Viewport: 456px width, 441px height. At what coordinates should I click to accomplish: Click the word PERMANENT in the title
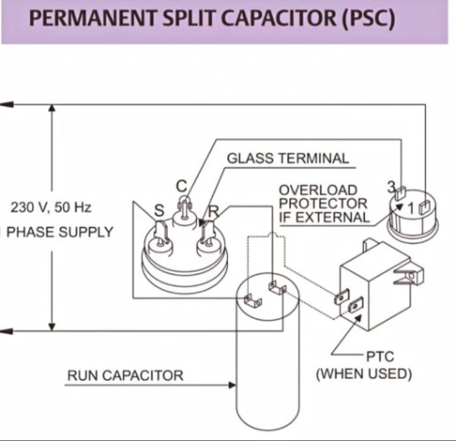pyautogui.click(x=93, y=18)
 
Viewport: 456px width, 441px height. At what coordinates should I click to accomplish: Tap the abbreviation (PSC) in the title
pyautogui.click(x=368, y=19)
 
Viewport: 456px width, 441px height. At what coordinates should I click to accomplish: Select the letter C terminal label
pyautogui.click(x=181, y=186)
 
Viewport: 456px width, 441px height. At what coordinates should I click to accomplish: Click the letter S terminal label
pyautogui.click(x=160, y=210)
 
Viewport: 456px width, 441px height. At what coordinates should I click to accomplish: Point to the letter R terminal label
pyautogui.click(x=213, y=210)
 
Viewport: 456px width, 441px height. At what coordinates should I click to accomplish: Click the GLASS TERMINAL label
pyautogui.click(x=288, y=159)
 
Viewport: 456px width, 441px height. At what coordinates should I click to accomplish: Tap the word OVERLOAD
pyautogui.click(x=318, y=190)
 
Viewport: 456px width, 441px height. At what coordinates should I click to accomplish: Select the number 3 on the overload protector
pyautogui.click(x=391, y=188)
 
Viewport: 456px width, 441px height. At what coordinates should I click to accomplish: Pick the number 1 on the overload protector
pyautogui.click(x=411, y=209)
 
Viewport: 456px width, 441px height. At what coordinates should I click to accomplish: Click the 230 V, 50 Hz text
pyautogui.click(x=51, y=208)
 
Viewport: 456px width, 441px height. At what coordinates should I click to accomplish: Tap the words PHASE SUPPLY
pyautogui.click(x=60, y=232)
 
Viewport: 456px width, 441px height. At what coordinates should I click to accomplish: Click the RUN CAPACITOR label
pyautogui.click(x=125, y=375)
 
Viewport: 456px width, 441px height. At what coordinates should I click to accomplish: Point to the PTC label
pyautogui.click(x=380, y=356)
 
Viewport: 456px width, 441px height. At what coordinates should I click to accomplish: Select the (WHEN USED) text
pyautogui.click(x=364, y=374)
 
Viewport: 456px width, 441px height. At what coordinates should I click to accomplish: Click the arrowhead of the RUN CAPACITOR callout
pyautogui.click(x=232, y=385)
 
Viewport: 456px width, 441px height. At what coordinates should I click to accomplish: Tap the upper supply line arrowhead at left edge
pyautogui.click(x=6, y=105)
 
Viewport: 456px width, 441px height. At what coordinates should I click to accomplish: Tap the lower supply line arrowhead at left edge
pyautogui.click(x=6, y=331)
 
